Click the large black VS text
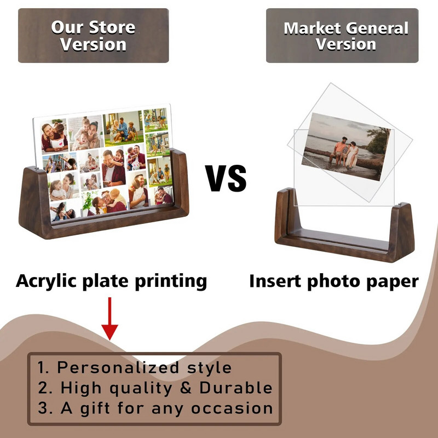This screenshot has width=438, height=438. [x=226, y=178]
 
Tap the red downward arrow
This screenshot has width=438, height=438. [x=109, y=319]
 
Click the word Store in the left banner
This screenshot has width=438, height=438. [x=112, y=27]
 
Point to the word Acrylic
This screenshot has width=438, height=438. [x=46, y=281]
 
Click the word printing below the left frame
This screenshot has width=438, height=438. [x=171, y=281]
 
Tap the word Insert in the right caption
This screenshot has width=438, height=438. [x=275, y=281]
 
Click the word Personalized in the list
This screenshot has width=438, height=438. [x=118, y=367]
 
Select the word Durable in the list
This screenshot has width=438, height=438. [x=236, y=388]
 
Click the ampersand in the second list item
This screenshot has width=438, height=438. [x=186, y=388]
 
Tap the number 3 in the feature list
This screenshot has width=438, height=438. [x=43, y=408]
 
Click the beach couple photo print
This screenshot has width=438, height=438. [x=346, y=147]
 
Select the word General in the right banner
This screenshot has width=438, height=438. [x=377, y=28]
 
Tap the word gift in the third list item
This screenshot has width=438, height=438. [x=95, y=408]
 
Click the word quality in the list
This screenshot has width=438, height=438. [x=141, y=389]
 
